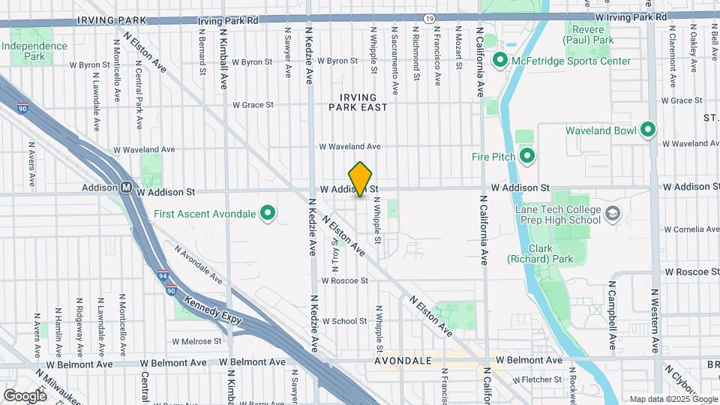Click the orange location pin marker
[x=361, y=179]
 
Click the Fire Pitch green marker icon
[x=526, y=157]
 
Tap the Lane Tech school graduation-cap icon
[x=613, y=214]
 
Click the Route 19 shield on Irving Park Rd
[x=428, y=16]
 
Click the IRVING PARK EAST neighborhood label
[x=358, y=102]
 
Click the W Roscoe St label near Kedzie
[x=344, y=280]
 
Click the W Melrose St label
[x=196, y=340]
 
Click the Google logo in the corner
[x=25, y=395]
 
